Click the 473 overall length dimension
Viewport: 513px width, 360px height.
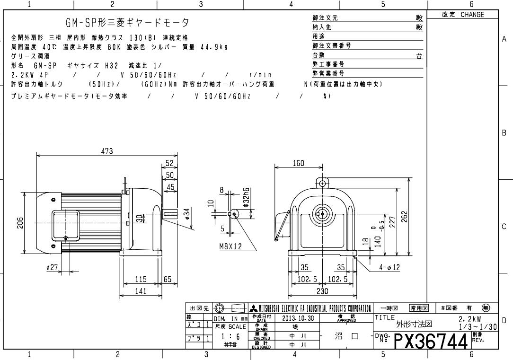coord(107,151)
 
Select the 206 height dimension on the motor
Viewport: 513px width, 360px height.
coord(20,223)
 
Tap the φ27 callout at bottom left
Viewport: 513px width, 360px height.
coord(52,267)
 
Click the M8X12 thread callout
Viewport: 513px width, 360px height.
coord(230,246)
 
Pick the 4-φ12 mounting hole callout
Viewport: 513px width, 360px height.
coord(389,268)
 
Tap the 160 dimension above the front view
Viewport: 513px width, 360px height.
coord(298,164)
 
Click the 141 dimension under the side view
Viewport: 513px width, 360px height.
coord(140,291)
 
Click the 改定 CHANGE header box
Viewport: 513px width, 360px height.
coord(463,15)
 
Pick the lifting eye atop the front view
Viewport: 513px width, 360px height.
coord(322,184)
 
